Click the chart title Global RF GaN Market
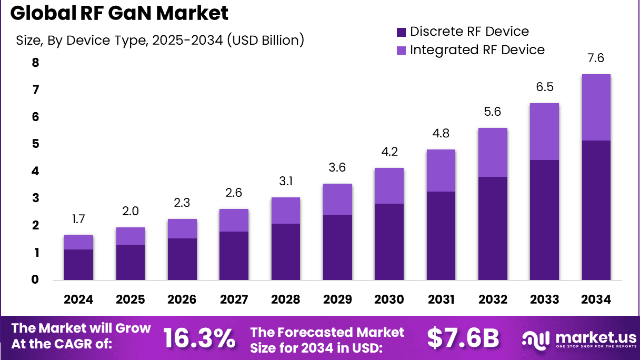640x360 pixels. point(119,14)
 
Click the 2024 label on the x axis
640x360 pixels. point(78,299)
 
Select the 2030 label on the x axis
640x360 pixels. point(389,299)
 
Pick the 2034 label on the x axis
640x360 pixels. point(596,299)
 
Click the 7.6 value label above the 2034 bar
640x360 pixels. point(596,58)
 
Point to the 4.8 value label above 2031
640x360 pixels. point(441,134)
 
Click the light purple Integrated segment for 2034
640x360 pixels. point(596,107)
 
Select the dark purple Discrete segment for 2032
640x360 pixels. point(493,228)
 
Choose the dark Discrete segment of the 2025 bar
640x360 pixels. point(130,262)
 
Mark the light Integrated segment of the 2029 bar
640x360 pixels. point(337,199)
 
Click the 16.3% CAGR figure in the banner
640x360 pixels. point(199,338)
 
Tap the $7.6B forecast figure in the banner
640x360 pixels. point(463,338)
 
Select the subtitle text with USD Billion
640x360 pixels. point(160,40)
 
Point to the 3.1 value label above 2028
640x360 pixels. point(286,182)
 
